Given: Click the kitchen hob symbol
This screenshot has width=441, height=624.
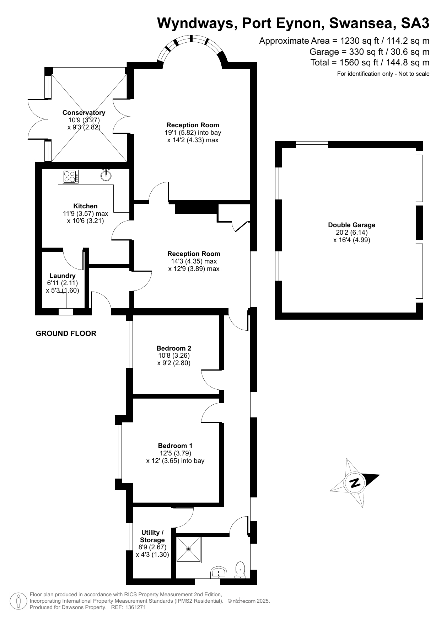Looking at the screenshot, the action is pos(71,177).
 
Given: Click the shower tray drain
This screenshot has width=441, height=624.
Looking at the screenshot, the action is pos(188,549).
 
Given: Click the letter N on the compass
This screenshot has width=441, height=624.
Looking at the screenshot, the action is pos(355,483).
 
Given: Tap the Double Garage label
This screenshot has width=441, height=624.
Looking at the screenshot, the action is pos(351,225).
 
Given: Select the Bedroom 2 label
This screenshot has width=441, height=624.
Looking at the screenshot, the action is pos(174,348).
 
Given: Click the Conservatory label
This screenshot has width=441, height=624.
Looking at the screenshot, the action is pos(84,113).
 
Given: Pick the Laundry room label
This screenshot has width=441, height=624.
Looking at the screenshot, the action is pos(63,276).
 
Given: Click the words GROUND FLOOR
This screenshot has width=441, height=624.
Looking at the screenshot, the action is pos(66,334).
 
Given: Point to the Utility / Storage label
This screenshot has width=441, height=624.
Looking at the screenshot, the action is pos(152,536).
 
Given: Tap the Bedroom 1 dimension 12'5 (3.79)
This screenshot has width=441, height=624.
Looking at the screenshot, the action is pos(176,453).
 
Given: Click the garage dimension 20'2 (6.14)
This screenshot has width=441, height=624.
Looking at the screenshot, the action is pos(351,233).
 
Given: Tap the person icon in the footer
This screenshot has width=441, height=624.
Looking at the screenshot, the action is pos(18,601).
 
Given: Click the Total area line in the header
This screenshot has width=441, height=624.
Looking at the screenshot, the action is pos(370,63).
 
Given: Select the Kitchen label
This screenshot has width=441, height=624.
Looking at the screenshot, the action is pos(85,206).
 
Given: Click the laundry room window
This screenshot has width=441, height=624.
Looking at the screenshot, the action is pos(66,312).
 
